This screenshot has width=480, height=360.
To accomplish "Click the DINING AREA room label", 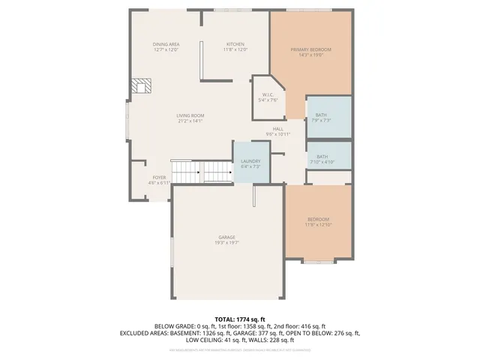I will tap(166, 45).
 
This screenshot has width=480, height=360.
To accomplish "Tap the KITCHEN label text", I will tap(235, 45).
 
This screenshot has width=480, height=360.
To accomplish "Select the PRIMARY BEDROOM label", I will tap(310, 49).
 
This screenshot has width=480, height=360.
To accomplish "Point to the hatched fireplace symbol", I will tap(140, 86).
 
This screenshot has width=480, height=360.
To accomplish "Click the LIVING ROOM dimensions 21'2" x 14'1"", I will tap(190, 120).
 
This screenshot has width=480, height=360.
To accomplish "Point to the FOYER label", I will tap(159, 178).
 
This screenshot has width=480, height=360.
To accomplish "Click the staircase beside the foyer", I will tap(202, 171).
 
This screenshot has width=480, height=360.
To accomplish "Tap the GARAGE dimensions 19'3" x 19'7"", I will tap(227, 242).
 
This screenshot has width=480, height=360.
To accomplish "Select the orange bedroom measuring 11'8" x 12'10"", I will tap(318, 221).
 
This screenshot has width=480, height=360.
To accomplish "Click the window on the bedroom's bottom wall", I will tap(319, 261).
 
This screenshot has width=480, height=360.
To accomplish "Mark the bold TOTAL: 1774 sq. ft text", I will tap(240, 319).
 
